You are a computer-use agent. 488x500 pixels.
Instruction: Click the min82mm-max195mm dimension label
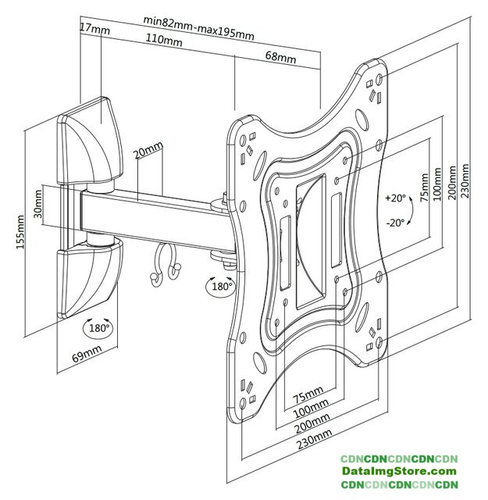pos(199,27)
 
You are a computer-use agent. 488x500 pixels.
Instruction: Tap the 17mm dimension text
pos(94,29)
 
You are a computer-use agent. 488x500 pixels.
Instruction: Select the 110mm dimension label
pos(164,40)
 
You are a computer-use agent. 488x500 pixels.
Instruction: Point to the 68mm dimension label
pos(280,57)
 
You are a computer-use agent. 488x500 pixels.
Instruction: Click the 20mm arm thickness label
pos(148,150)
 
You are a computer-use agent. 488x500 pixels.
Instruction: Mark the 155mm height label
pos(20,232)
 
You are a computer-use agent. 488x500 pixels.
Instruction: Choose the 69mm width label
pos(87,353)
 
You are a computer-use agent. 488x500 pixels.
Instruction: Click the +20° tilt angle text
pos(395,198)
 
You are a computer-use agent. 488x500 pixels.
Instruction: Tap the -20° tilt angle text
pos(395,222)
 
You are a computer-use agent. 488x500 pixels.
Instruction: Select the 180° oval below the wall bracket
pos(98,328)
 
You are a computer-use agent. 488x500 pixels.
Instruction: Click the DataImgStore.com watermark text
pos(399,471)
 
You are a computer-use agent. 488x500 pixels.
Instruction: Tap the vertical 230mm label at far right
pos(465,180)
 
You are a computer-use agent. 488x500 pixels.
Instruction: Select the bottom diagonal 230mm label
pos(315,438)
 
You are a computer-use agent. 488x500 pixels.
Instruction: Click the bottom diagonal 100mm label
pos(311,409)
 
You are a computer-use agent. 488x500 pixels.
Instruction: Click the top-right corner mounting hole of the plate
pos(379,79)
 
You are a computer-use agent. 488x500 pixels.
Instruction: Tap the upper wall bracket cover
pos(90,142)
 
